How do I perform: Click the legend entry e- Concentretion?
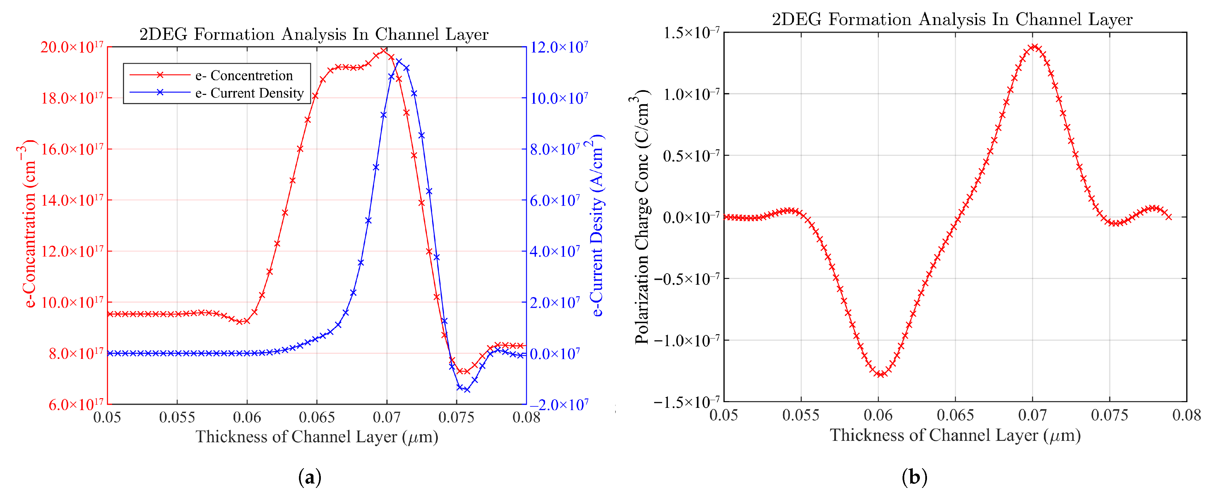[244, 75]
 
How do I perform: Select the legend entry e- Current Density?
[249, 93]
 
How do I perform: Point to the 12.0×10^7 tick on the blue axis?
[559, 47]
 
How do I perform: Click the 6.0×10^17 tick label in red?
[76, 404]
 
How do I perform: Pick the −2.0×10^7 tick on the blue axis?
[559, 404]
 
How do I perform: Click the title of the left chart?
[314, 34]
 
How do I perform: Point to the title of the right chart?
[952, 19]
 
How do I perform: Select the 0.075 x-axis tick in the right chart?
[1109, 415]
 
